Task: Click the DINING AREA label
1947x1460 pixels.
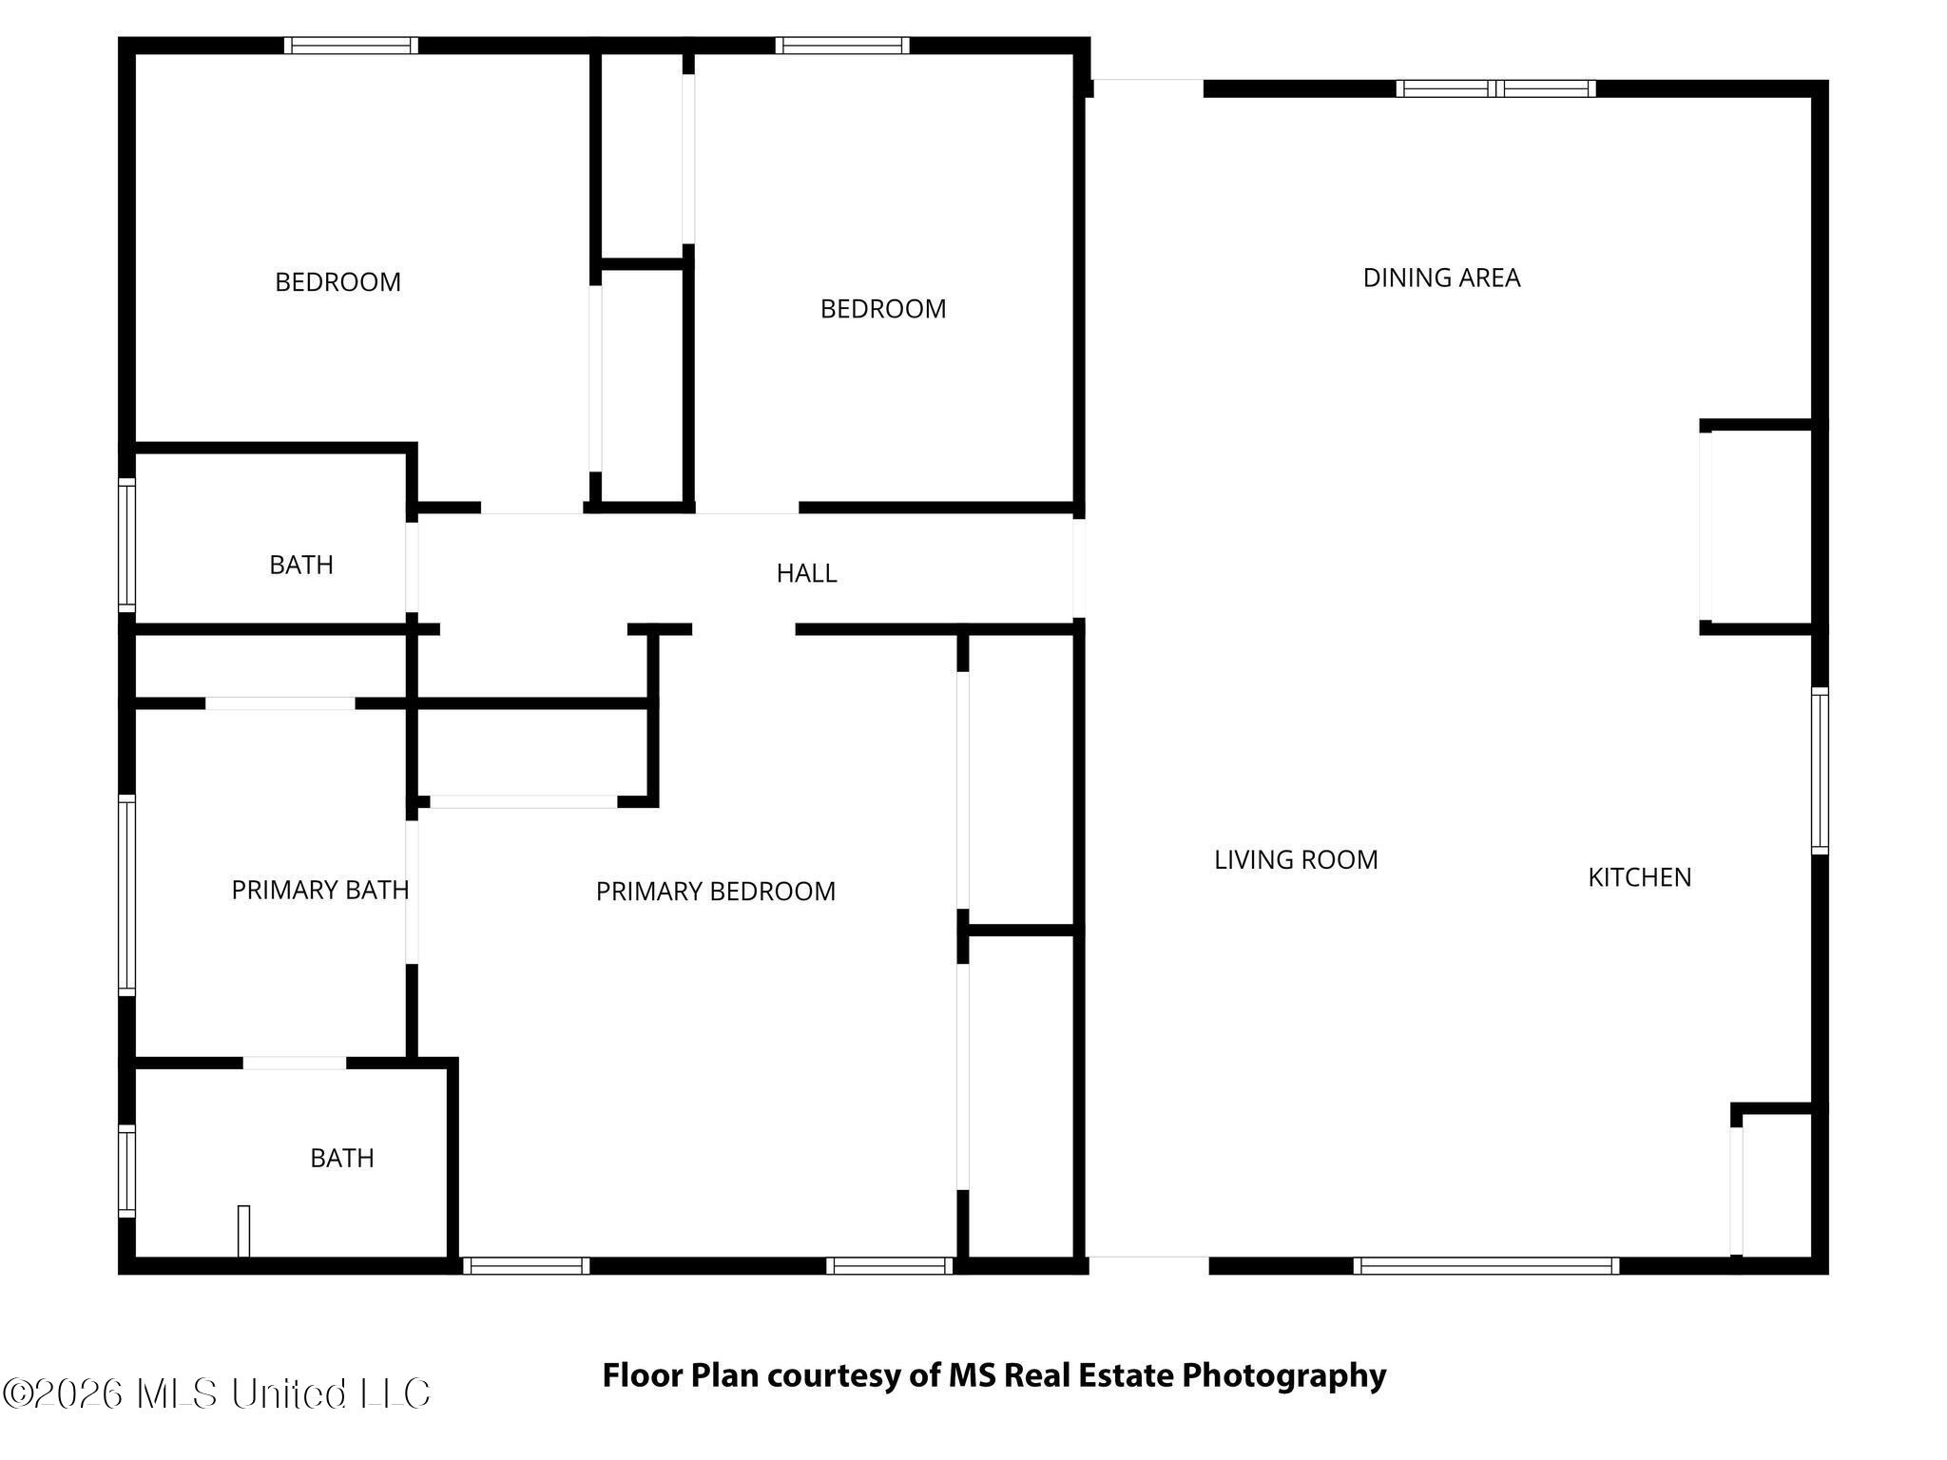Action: tap(1441, 278)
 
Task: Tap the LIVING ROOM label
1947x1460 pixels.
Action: tap(1296, 859)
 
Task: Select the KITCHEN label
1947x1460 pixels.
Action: tap(1639, 876)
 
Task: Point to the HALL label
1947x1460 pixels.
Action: tap(806, 573)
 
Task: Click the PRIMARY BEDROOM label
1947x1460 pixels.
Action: tap(715, 891)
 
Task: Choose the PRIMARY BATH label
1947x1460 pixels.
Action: tap(320, 890)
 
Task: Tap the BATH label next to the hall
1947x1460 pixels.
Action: tap(301, 565)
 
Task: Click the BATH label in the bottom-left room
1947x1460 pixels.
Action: tap(342, 1158)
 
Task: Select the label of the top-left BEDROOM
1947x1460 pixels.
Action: tap(337, 282)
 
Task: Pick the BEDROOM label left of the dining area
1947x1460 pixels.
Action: tap(883, 309)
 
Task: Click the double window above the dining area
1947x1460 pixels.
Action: tap(1495, 88)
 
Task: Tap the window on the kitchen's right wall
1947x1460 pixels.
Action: tap(1820, 770)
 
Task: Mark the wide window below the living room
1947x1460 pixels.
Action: tap(1486, 1265)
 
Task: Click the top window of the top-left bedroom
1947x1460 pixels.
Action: tap(351, 45)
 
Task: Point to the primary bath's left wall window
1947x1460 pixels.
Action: tap(126, 895)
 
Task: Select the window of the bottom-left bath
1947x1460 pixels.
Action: tap(126, 1171)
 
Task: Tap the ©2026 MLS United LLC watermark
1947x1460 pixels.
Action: tap(217, 1393)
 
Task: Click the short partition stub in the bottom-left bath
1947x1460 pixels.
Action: tap(244, 1231)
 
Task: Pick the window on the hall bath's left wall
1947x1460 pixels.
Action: tap(126, 545)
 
